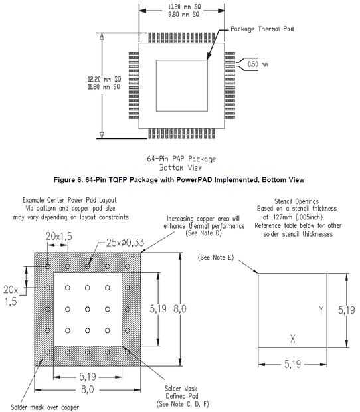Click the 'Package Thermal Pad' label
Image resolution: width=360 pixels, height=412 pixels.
pos(262,29)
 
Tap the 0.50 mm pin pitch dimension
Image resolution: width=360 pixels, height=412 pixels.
pos(258,64)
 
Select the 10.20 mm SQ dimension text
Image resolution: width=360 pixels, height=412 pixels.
pos(185,7)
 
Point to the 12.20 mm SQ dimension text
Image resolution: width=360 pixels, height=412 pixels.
pos(104,79)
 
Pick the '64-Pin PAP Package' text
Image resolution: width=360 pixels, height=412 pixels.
pos(181,159)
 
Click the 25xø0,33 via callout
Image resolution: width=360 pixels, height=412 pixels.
pos(125,243)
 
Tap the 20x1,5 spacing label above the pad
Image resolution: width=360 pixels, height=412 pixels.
pos(59,236)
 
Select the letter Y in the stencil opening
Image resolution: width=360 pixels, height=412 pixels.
pos(321,310)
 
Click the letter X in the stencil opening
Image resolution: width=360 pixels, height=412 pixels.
pos(292,338)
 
